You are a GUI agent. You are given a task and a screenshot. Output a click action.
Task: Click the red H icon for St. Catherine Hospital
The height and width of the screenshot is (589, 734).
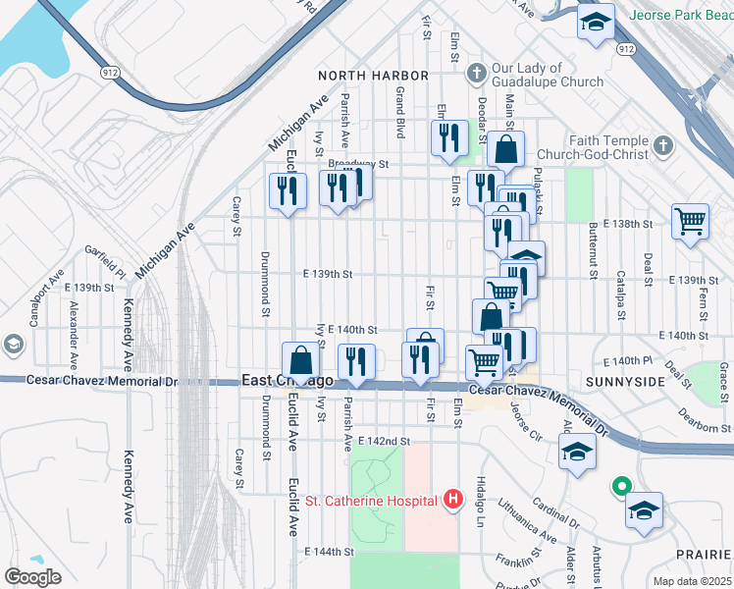click(x=452, y=501)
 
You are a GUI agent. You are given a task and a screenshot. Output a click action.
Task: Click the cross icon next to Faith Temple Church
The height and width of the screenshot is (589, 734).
click(x=663, y=147)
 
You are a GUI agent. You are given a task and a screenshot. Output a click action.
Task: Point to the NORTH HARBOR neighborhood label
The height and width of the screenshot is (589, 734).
click(x=373, y=76)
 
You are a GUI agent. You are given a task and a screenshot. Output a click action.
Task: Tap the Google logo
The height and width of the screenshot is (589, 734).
click(x=32, y=577)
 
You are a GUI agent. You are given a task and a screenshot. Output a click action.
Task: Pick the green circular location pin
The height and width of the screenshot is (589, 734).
click(x=620, y=485)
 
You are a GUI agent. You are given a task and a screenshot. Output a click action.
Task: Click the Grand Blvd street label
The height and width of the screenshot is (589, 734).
click(x=400, y=111)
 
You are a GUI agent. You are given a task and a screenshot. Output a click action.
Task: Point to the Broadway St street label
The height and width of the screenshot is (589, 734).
click(x=359, y=164)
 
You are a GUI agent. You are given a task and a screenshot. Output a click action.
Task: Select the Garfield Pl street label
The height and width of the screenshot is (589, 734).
click(x=105, y=261)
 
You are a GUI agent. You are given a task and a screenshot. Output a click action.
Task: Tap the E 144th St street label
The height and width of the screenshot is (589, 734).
click(x=328, y=552)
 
